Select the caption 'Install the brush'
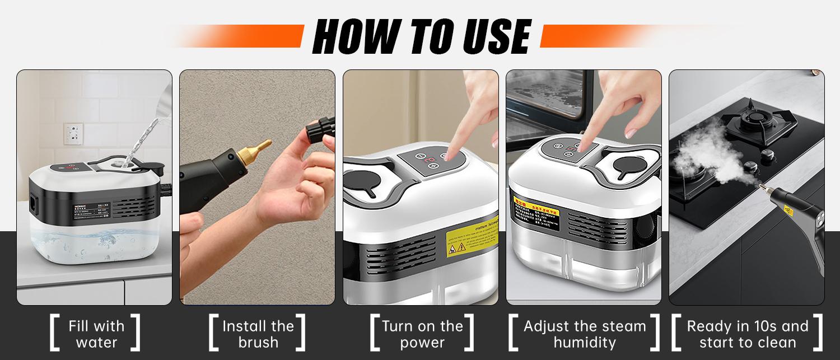pyautogui.click(x=258, y=334)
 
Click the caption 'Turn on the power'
pyautogui.click(x=422, y=334)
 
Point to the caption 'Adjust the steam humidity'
pyautogui.click(x=585, y=334)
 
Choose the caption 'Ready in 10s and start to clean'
pyautogui.click(x=748, y=334)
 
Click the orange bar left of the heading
pyautogui.click(x=246, y=36)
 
